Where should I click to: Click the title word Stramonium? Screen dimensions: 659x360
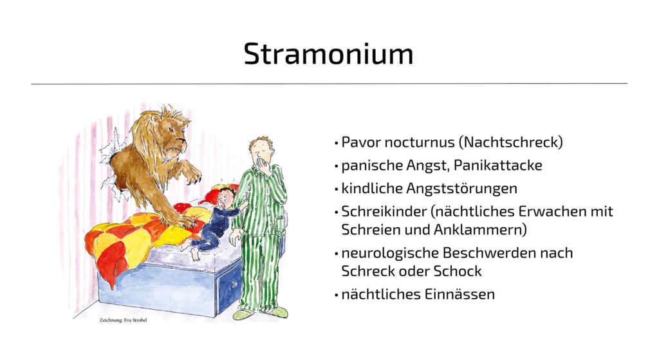pos(328,53)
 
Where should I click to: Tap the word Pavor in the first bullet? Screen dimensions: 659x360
pos(361,142)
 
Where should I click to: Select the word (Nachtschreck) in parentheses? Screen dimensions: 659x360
pos(510,142)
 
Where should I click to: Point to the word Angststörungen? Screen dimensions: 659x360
pos(461,189)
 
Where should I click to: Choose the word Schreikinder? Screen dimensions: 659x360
pos(384,211)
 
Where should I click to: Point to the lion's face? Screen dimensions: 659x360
pos(172,141)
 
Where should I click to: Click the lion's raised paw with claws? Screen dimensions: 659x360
pos(192,173)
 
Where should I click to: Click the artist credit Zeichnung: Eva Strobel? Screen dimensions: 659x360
pos(123,320)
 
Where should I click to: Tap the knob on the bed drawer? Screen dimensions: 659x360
pos(234,285)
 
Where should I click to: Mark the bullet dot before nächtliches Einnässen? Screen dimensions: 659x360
pos(336,295)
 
